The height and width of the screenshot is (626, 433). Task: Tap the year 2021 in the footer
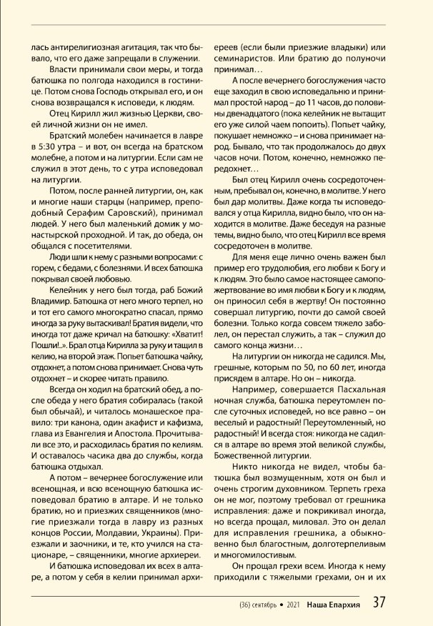pyautogui.click(x=293, y=605)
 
